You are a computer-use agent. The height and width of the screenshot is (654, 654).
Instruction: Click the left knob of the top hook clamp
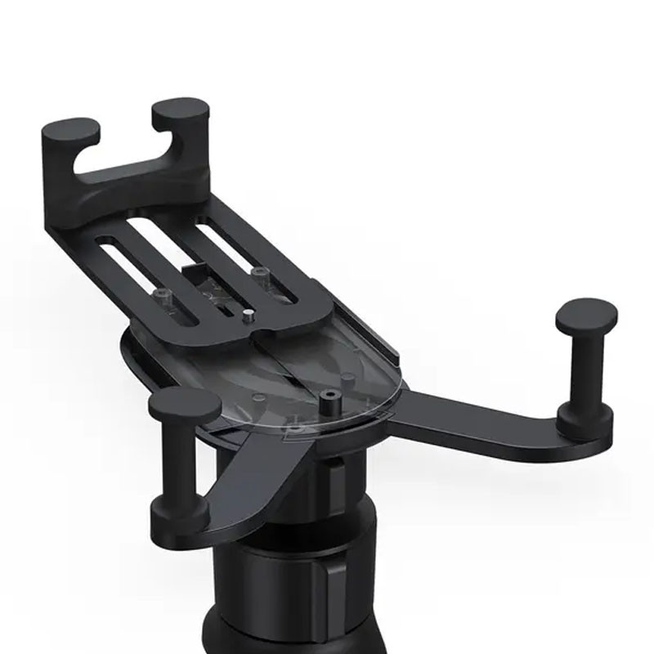pyautogui.click(x=71, y=132)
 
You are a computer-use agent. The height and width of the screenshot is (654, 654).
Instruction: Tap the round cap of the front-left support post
pyautogui.click(x=186, y=404)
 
